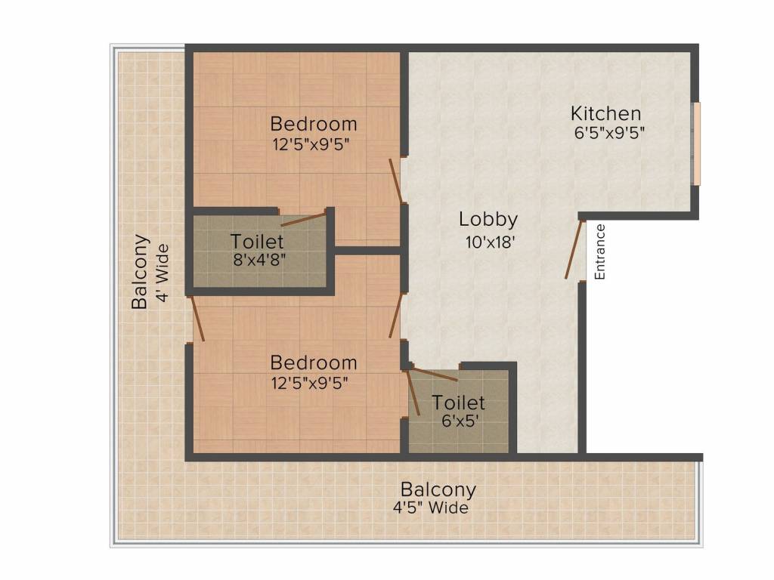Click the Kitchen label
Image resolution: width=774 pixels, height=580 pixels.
(605, 114)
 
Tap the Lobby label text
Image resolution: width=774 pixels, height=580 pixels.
(488, 220)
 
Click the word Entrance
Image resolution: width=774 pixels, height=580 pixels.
(600, 252)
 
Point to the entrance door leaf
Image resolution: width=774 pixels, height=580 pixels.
(574, 250)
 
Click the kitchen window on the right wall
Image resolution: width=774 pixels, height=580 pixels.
(697, 143)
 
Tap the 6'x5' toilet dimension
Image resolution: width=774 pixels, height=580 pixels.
(458, 420)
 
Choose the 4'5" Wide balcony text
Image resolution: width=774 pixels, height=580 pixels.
(430, 508)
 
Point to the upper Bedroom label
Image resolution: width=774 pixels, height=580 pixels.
(313, 123)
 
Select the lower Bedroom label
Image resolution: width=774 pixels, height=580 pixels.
(313, 362)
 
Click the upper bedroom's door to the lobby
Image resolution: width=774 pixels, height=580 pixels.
(395, 181)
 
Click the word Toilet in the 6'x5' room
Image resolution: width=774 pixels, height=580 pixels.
(458, 403)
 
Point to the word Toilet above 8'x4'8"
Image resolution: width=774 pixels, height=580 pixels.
(257, 242)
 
